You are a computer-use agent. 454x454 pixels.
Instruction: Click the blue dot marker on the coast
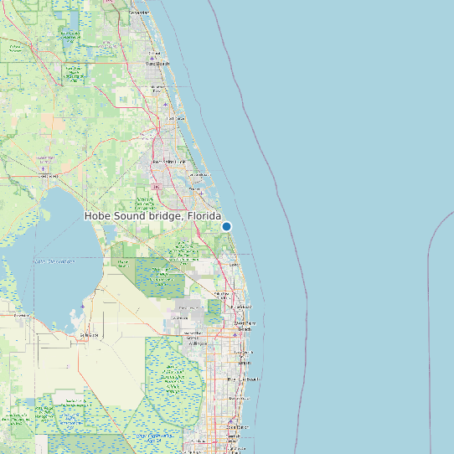click(x=226, y=226)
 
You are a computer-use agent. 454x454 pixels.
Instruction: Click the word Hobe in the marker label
click(x=99, y=216)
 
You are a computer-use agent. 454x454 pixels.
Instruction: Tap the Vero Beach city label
click(x=157, y=63)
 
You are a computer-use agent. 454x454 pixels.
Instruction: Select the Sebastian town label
click(x=139, y=13)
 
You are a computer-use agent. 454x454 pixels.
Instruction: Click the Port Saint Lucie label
click(x=168, y=161)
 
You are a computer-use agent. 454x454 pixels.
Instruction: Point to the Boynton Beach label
click(x=244, y=379)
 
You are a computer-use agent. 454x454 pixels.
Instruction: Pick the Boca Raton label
click(x=239, y=427)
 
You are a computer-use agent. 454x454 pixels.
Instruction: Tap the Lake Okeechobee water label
click(x=54, y=261)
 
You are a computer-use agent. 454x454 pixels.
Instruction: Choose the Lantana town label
click(x=244, y=364)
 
